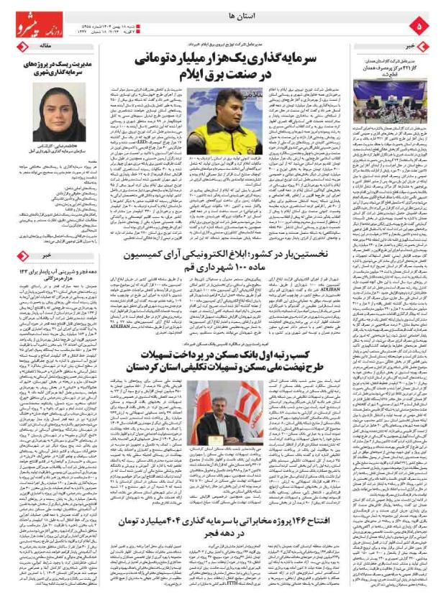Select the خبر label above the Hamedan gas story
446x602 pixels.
[412, 45]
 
